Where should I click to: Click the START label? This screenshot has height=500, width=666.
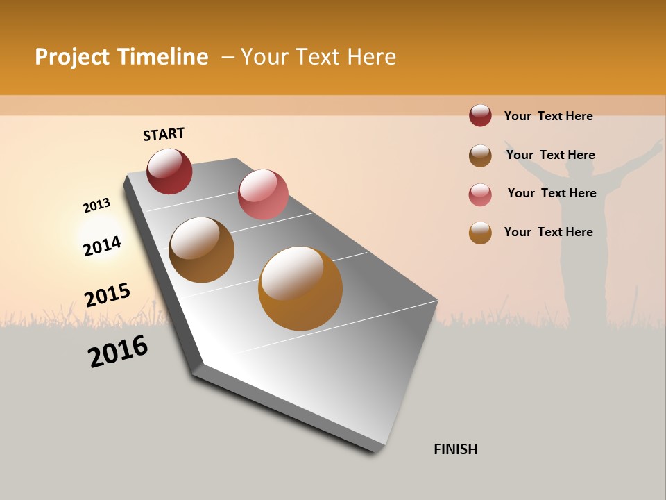[164, 134]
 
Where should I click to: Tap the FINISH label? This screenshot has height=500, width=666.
[455, 449]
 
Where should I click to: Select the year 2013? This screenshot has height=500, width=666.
[96, 206]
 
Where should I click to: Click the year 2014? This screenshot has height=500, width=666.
[102, 246]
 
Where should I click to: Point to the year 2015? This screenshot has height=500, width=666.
[108, 295]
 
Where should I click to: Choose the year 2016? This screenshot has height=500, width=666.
[118, 351]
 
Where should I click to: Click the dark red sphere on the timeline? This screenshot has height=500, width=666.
[169, 172]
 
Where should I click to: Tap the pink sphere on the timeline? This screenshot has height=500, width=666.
[263, 194]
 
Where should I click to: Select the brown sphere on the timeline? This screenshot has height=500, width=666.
[202, 250]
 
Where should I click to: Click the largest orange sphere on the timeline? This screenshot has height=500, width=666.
[300, 288]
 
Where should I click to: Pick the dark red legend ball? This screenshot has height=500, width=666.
[480, 116]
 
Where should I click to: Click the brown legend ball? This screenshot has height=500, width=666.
[480, 156]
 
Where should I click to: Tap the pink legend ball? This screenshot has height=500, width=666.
[480, 194]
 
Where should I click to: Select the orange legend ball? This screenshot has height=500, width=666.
[480, 233]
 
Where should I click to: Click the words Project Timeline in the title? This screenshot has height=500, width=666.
[121, 57]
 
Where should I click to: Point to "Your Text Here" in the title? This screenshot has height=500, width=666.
[318, 57]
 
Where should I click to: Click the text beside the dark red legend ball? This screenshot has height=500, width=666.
[548, 116]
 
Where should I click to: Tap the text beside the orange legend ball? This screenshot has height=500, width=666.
[548, 232]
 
